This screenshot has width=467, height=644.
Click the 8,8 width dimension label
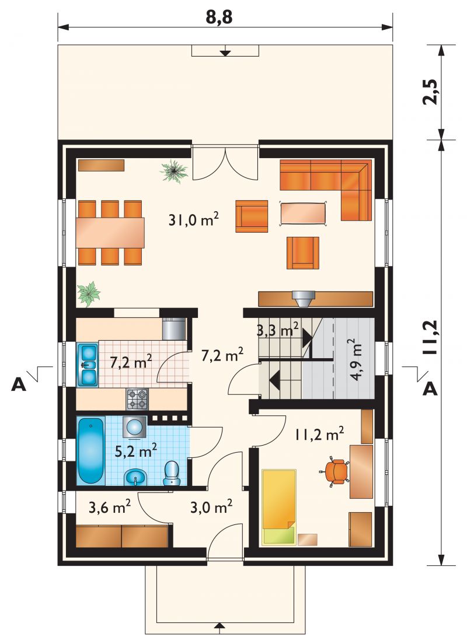[x=219, y=17]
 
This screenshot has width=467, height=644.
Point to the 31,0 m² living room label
[x=193, y=220]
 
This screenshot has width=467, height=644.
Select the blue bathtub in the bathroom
[x=91, y=450]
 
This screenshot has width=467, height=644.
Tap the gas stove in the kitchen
[x=137, y=399]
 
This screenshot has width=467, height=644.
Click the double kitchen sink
[x=88, y=365]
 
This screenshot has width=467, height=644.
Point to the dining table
[x=110, y=233]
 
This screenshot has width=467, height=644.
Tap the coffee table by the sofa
[x=304, y=213]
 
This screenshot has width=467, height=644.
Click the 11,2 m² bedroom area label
[x=319, y=434]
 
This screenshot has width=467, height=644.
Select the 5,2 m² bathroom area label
[x=135, y=450]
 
